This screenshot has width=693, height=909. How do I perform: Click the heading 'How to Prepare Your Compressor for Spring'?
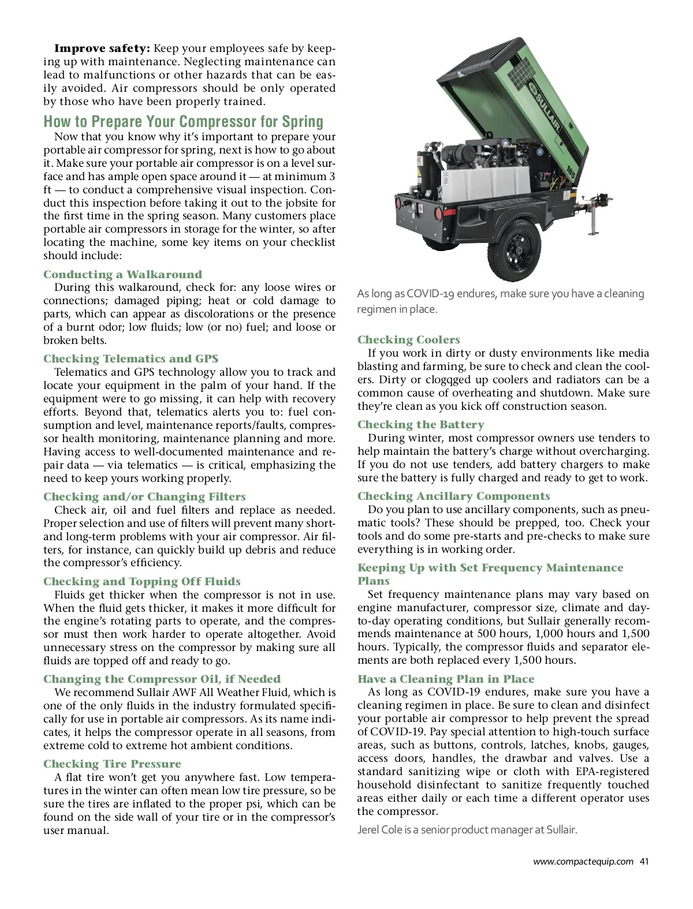183,122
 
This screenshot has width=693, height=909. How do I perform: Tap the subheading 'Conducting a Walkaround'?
122,274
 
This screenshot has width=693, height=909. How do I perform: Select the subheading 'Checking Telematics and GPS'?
131,358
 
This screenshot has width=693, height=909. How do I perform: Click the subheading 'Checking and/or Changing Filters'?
144,496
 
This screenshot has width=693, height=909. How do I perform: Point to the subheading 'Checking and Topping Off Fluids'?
141,581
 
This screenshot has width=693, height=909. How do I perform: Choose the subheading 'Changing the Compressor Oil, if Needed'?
162,679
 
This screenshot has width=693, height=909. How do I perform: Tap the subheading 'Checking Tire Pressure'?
112,764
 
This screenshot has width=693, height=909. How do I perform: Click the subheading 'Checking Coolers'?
408,339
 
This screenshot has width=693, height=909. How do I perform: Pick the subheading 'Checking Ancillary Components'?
453,496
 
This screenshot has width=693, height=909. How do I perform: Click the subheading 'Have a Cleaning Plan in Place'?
446,679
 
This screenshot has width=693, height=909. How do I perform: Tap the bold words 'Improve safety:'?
102,48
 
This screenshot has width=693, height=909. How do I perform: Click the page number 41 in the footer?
644,862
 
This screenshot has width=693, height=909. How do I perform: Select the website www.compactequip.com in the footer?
583,862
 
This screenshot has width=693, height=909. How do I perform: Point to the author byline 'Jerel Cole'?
380,830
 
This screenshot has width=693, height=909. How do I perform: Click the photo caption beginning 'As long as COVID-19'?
500,301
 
